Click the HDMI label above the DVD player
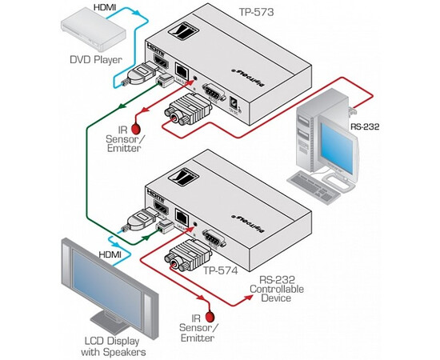pos(105,7)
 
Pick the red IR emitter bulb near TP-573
pos(137,129)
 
